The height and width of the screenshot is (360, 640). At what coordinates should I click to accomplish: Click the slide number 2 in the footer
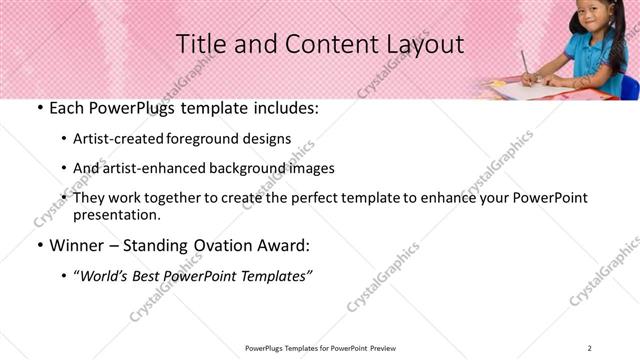click(590, 347)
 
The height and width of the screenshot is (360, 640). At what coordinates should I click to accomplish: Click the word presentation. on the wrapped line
click(116, 214)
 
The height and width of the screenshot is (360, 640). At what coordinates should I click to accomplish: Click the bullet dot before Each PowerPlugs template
click(39, 108)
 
